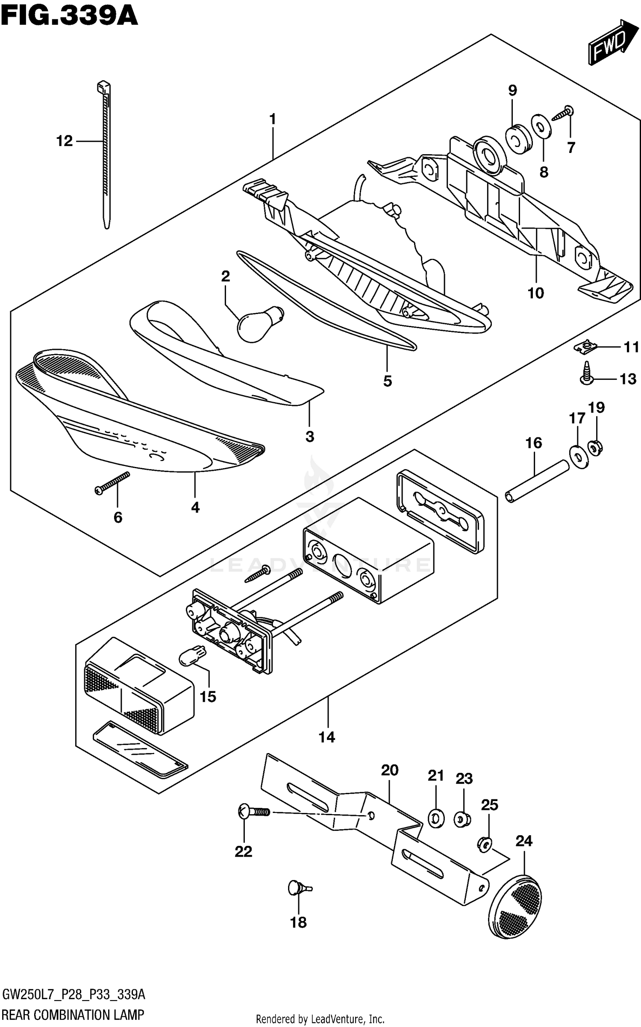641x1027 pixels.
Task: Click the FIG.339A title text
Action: click(69, 16)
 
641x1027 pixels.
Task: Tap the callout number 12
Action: click(65, 141)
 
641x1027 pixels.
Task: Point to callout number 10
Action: click(535, 293)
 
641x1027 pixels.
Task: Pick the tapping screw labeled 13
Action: click(585, 373)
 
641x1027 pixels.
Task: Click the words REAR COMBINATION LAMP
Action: click(73, 1014)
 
